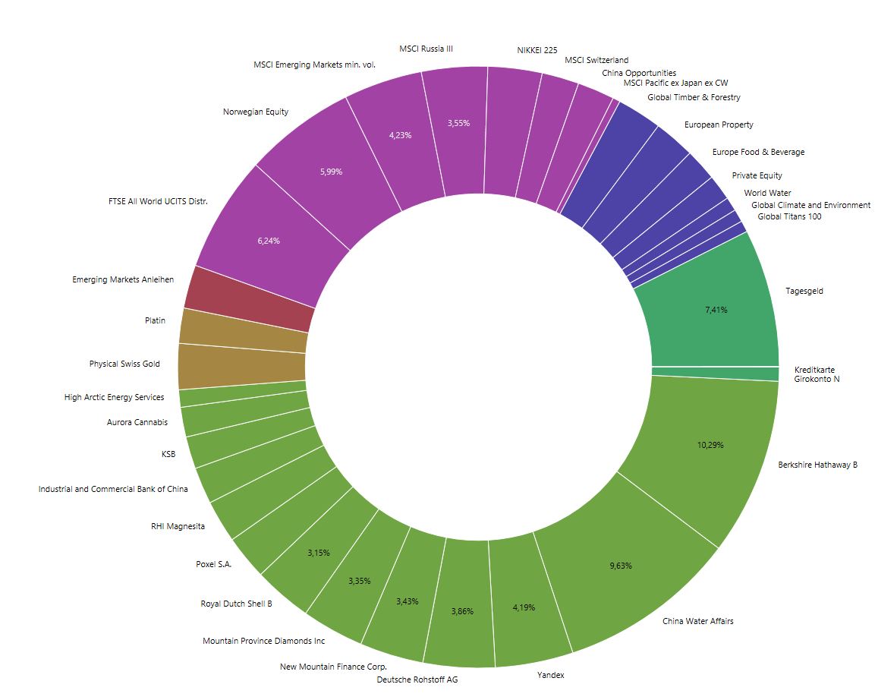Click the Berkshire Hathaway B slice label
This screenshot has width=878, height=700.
817,465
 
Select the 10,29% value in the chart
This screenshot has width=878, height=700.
710,445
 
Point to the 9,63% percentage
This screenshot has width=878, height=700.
621,566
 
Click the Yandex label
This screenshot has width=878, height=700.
551,675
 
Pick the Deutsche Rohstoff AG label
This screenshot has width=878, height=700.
417,680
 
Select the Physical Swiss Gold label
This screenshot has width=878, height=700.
124,364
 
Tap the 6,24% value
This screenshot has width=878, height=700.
269,241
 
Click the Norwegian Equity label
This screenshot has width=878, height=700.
256,112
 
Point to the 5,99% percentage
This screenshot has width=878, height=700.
331,172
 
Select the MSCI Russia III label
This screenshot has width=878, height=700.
426,49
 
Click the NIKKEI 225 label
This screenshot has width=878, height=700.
537,50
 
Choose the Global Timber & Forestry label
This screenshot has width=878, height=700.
694,97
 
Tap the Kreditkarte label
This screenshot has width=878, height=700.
814,370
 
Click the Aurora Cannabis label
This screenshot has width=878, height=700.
137,422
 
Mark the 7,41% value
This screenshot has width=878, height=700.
716,310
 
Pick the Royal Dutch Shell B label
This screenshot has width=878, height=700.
236,604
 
